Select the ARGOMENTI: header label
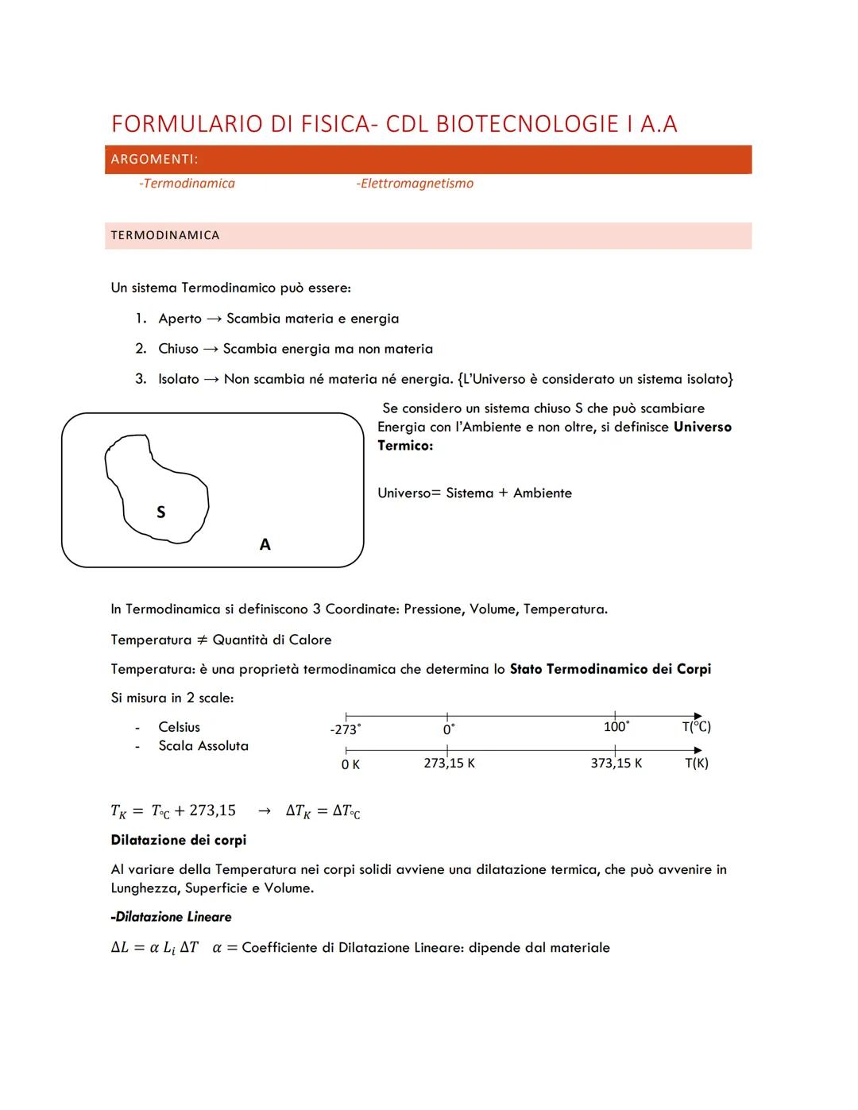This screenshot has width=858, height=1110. [154, 160]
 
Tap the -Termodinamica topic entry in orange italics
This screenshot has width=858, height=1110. [187, 184]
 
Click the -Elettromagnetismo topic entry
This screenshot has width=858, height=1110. [415, 184]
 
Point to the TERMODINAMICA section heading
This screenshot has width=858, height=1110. [165, 235]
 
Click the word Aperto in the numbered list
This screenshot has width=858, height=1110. [180, 319]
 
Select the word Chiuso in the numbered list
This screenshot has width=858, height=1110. [178, 349]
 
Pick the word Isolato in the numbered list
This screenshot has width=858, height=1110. [179, 379]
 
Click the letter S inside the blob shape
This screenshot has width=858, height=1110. [161, 512]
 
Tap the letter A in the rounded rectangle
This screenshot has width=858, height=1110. [265, 544]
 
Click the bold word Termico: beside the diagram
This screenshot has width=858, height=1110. [405, 446]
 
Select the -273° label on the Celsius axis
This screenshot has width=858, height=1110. [345, 729]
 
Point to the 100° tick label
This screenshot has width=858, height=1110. [616, 727]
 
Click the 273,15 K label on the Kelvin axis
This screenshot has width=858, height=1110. [449, 764]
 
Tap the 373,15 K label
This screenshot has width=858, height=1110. [616, 764]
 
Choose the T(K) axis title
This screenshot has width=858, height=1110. [697, 764]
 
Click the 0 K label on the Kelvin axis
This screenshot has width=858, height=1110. [350, 764]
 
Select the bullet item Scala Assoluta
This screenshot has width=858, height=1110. [203, 746]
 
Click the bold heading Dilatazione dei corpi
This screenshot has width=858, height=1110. [179, 840]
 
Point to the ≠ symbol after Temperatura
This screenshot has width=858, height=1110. [202, 640]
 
